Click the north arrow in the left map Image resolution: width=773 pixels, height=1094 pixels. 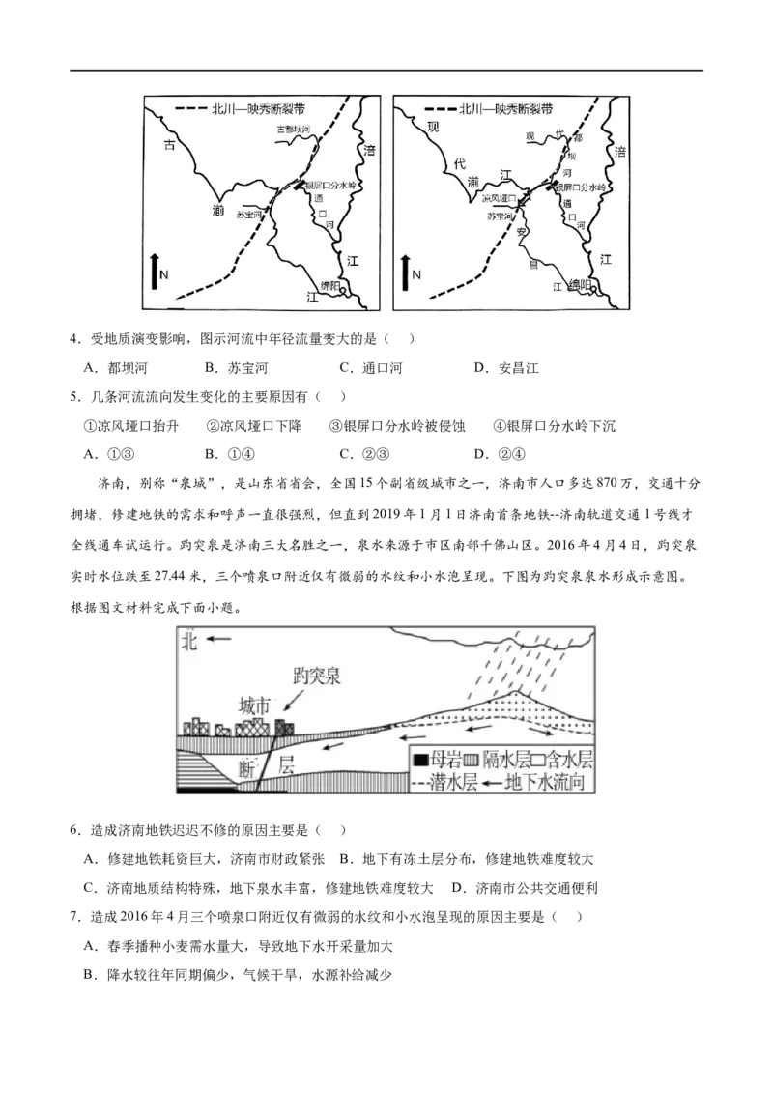point(155,271)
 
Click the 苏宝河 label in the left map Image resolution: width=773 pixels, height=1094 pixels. point(249,215)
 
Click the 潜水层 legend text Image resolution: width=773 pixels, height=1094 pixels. point(456,782)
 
